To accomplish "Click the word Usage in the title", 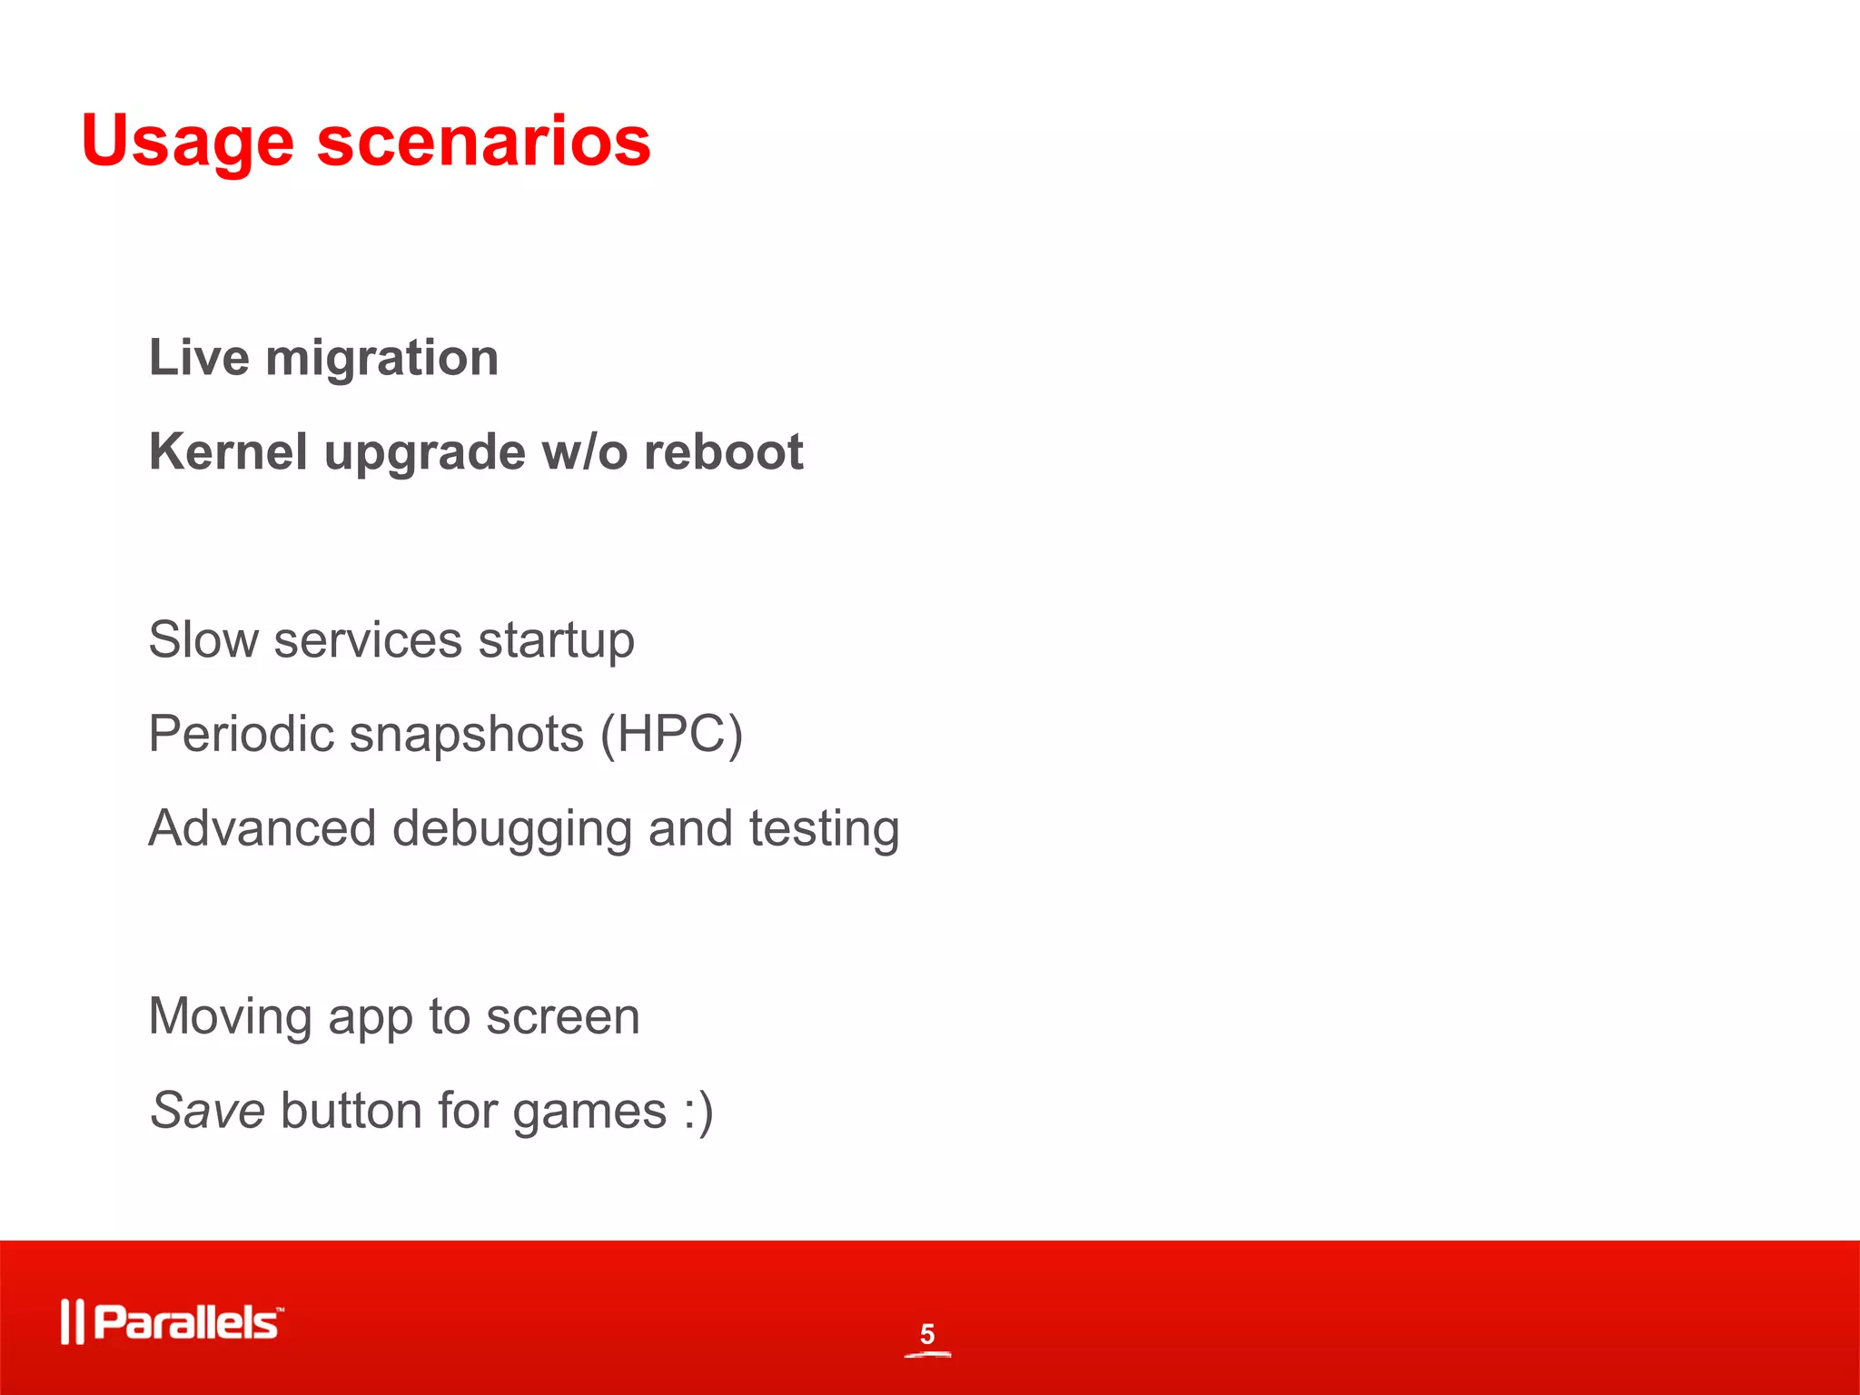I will click(187, 143).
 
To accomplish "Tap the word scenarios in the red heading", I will click(483, 143).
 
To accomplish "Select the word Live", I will click(199, 357).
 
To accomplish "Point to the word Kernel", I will click(228, 451).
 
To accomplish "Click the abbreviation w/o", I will click(584, 451).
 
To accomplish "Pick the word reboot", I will click(723, 451).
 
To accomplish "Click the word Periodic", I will click(241, 734).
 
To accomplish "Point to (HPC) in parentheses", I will click(671, 734).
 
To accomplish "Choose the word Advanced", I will click(262, 828).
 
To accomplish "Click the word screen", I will click(562, 1016).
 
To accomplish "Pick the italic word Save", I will click(207, 1111).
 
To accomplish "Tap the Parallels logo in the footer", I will click(173, 1321).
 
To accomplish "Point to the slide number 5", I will click(926, 1334).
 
